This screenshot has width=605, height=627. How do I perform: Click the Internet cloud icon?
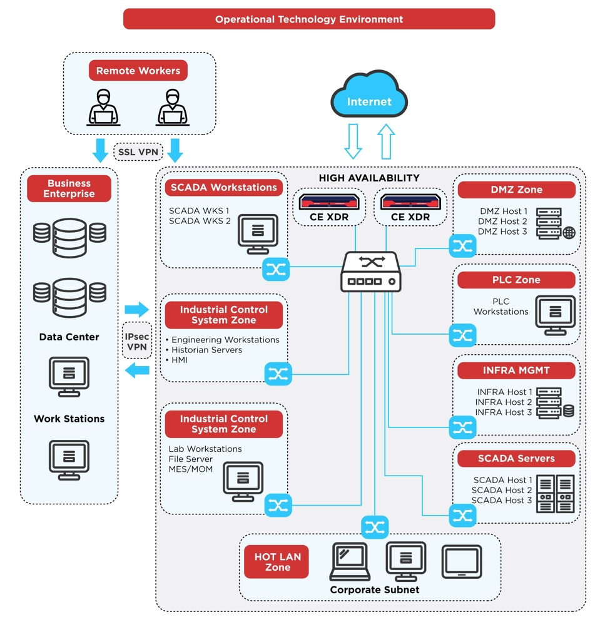[x=369, y=94]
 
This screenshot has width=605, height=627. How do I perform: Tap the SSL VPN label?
[x=138, y=152]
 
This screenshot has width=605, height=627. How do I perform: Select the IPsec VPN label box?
[x=137, y=341]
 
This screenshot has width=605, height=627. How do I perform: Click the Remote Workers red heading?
[x=138, y=70]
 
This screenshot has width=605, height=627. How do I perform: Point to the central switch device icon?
[x=370, y=272]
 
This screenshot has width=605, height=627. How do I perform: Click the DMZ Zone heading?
[x=516, y=190]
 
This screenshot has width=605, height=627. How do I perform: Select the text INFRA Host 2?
[x=504, y=402]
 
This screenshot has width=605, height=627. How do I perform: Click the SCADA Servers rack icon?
[x=555, y=494]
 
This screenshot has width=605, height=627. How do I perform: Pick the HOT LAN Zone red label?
[x=277, y=561]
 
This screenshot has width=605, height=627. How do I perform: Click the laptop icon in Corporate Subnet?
[x=350, y=561]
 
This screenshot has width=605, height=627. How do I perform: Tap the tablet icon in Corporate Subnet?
[x=462, y=561]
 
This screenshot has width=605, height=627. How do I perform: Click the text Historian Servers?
[x=206, y=350]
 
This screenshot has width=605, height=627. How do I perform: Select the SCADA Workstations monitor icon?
[x=258, y=234]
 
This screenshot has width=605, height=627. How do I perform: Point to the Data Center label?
[x=69, y=337]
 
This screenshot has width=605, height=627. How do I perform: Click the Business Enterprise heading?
[x=69, y=188]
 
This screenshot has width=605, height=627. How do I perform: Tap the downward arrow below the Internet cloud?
[x=353, y=141]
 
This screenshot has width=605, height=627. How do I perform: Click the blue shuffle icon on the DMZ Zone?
[x=462, y=246]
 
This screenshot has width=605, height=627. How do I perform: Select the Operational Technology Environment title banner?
[x=308, y=19]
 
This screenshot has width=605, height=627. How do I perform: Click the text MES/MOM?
[x=190, y=469]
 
